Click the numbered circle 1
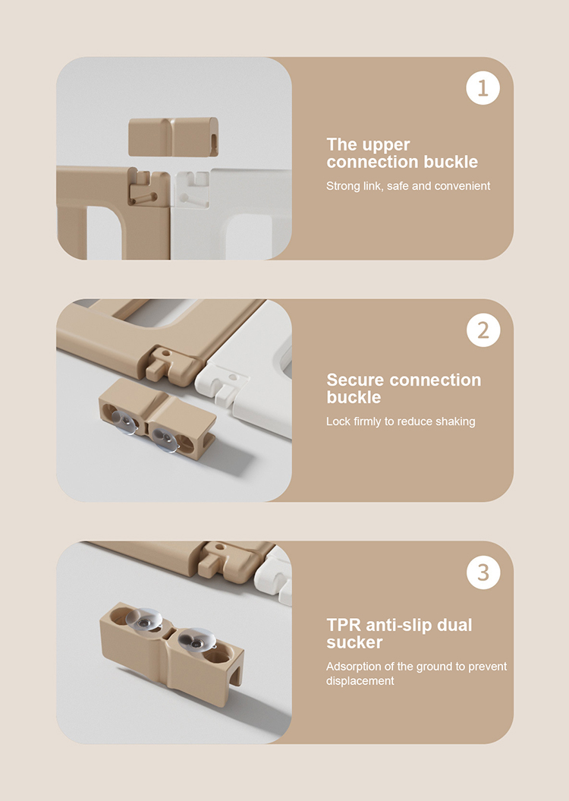[x=483, y=88]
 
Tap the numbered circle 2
[x=483, y=330]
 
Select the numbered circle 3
[x=483, y=572]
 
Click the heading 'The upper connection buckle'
[x=402, y=153]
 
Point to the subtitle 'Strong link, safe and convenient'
[x=408, y=186]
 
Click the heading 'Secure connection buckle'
[x=404, y=388]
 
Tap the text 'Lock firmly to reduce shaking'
[x=401, y=421]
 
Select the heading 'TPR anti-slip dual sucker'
[x=399, y=633]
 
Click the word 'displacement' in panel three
[x=360, y=681]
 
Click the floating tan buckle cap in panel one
[x=173, y=137]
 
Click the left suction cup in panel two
[x=124, y=422]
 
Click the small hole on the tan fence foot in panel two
[x=165, y=352]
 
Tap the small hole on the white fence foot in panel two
[x=233, y=377]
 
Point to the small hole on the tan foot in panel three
[x=220, y=547]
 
